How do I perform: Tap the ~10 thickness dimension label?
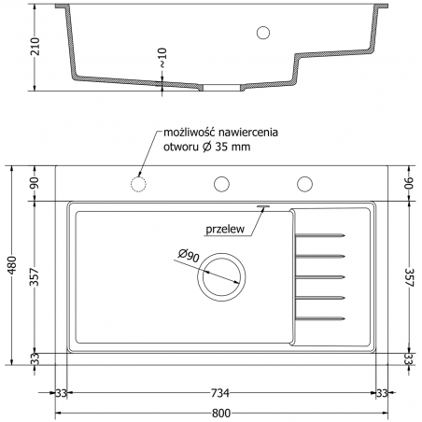tap(162, 57)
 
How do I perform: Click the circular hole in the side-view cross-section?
tap(263, 33)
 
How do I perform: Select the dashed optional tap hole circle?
tap(138, 184)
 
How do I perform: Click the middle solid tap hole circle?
tap(221, 184)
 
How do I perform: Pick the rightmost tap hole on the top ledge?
tap(304, 184)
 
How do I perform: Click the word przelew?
tap(225, 230)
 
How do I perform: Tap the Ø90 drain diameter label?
tap(189, 255)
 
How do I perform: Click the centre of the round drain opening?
tap(221, 277)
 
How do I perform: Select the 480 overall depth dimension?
tap(12, 265)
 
